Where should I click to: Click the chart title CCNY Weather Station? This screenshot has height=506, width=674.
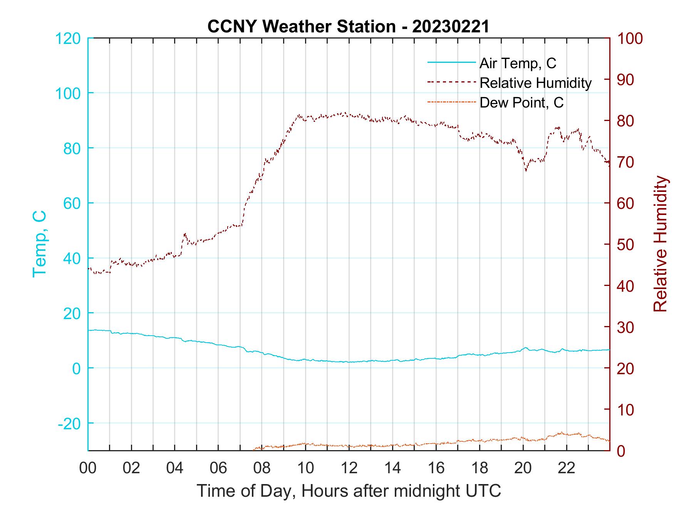[x=348, y=27]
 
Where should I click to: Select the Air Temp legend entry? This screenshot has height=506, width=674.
[x=518, y=63]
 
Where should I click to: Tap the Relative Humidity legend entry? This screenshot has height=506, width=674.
[x=535, y=83]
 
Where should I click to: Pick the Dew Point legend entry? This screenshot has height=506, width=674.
[x=521, y=103]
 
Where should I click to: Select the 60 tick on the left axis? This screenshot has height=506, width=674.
[x=72, y=203]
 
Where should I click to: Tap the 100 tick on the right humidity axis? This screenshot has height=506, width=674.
[x=630, y=39]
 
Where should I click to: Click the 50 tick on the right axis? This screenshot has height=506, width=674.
[x=626, y=245]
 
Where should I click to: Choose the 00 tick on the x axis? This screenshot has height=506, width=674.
[x=88, y=468]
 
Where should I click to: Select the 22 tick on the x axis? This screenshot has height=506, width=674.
[x=567, y=468]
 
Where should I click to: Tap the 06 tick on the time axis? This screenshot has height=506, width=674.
[x=218, y=468]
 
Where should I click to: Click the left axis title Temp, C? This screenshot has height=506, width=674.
[x=39, y=244]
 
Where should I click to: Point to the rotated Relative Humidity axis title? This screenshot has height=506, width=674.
[x=660, y=244]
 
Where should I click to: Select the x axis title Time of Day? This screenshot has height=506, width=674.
[x=349, y=491]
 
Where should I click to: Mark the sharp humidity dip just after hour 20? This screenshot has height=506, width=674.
[x=526, y=170]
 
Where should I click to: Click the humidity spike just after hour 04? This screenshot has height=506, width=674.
[x=185, y=234]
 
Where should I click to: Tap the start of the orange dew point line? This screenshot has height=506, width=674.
[x=254, y=449]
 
